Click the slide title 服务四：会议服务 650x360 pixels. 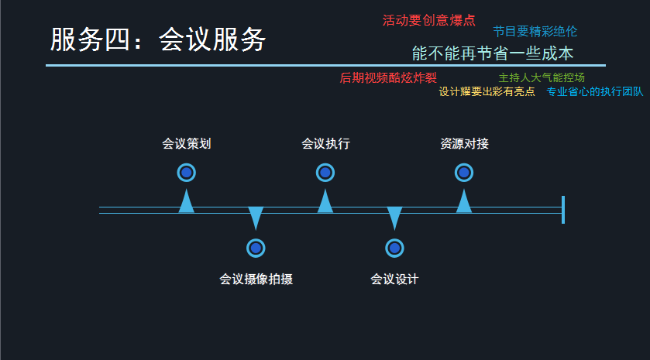[158, 40]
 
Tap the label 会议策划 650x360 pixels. [186, 144]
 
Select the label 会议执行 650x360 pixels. [325, 144]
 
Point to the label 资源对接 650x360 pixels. [464, 144]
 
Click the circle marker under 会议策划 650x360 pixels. [186, 173]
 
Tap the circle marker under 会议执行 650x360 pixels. [325, 173]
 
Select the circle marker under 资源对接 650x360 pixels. [464, 173]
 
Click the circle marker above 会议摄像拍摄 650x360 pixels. [256, 248]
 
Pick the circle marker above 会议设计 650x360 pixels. [394, 248]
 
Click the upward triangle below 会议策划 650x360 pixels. [186, 201]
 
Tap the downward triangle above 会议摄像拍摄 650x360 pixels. [256, 217]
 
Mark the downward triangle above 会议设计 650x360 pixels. [394, 217]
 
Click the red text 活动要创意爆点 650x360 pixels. [428, 20]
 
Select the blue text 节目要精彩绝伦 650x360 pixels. [535, 32]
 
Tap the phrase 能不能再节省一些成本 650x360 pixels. [493, 53]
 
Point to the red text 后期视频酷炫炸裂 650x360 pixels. [388, 78]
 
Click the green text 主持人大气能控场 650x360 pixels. [542, 77]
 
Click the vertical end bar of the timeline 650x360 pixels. [563, 210]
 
